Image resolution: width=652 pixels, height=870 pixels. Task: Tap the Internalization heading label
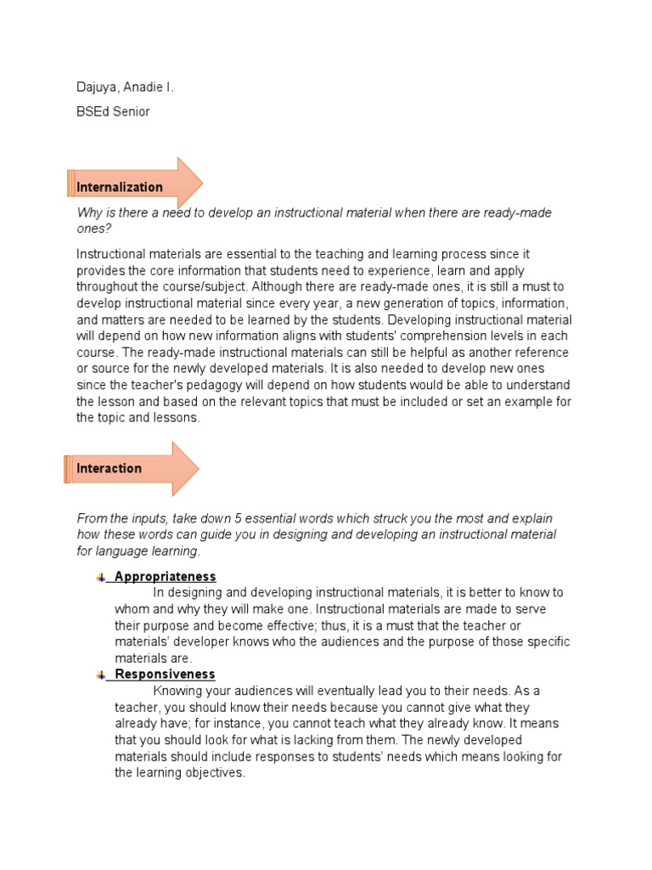[120, 187]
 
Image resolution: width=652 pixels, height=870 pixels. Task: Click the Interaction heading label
[109, 468]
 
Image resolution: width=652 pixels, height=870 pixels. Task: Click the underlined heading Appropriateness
[165, 576]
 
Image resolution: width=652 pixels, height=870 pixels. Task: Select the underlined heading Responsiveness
[165, 675]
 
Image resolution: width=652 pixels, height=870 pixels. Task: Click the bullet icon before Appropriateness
[100, 577]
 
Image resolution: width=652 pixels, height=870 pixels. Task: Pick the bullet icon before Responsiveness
[100, 675]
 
